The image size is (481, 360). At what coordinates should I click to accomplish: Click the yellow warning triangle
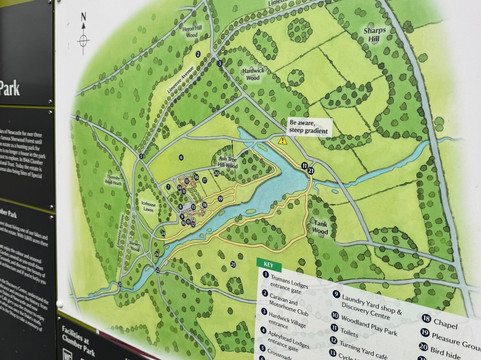284,142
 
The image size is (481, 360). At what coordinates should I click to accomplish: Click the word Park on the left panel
11,87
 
